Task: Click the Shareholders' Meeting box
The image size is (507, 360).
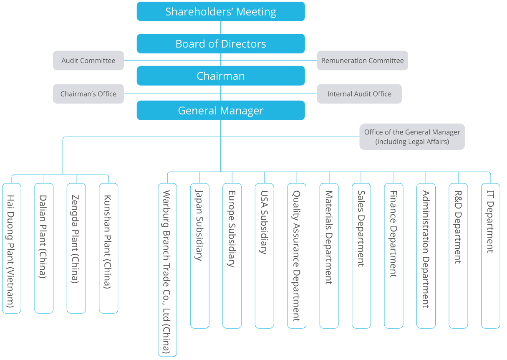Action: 221,11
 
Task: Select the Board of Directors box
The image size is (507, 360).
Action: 221,44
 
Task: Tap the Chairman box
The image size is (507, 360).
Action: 221,76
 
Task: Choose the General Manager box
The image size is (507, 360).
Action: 221,111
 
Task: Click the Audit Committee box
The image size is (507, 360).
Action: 88,61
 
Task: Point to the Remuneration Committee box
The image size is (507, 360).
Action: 362,61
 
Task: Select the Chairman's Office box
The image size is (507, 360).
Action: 88,94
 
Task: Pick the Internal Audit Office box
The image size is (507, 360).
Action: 359,94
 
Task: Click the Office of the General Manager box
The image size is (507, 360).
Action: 412,137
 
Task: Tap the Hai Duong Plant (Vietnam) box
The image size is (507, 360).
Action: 11,248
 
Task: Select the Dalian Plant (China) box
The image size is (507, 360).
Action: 44,248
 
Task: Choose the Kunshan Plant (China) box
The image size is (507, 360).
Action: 108,248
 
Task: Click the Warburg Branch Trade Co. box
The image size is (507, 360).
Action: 167,270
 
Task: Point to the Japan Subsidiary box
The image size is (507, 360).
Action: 199,256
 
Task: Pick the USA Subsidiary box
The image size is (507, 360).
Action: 264,256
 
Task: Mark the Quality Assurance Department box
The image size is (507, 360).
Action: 297,256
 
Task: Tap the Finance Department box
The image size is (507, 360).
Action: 393,256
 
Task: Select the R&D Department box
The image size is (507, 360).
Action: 458,256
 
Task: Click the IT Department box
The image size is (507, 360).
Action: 490,256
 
